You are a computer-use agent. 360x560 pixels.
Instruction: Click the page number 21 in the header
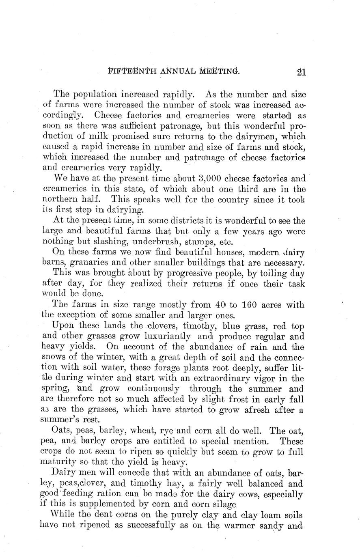[301, 73]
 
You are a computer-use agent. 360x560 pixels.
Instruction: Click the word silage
[223, 505]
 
